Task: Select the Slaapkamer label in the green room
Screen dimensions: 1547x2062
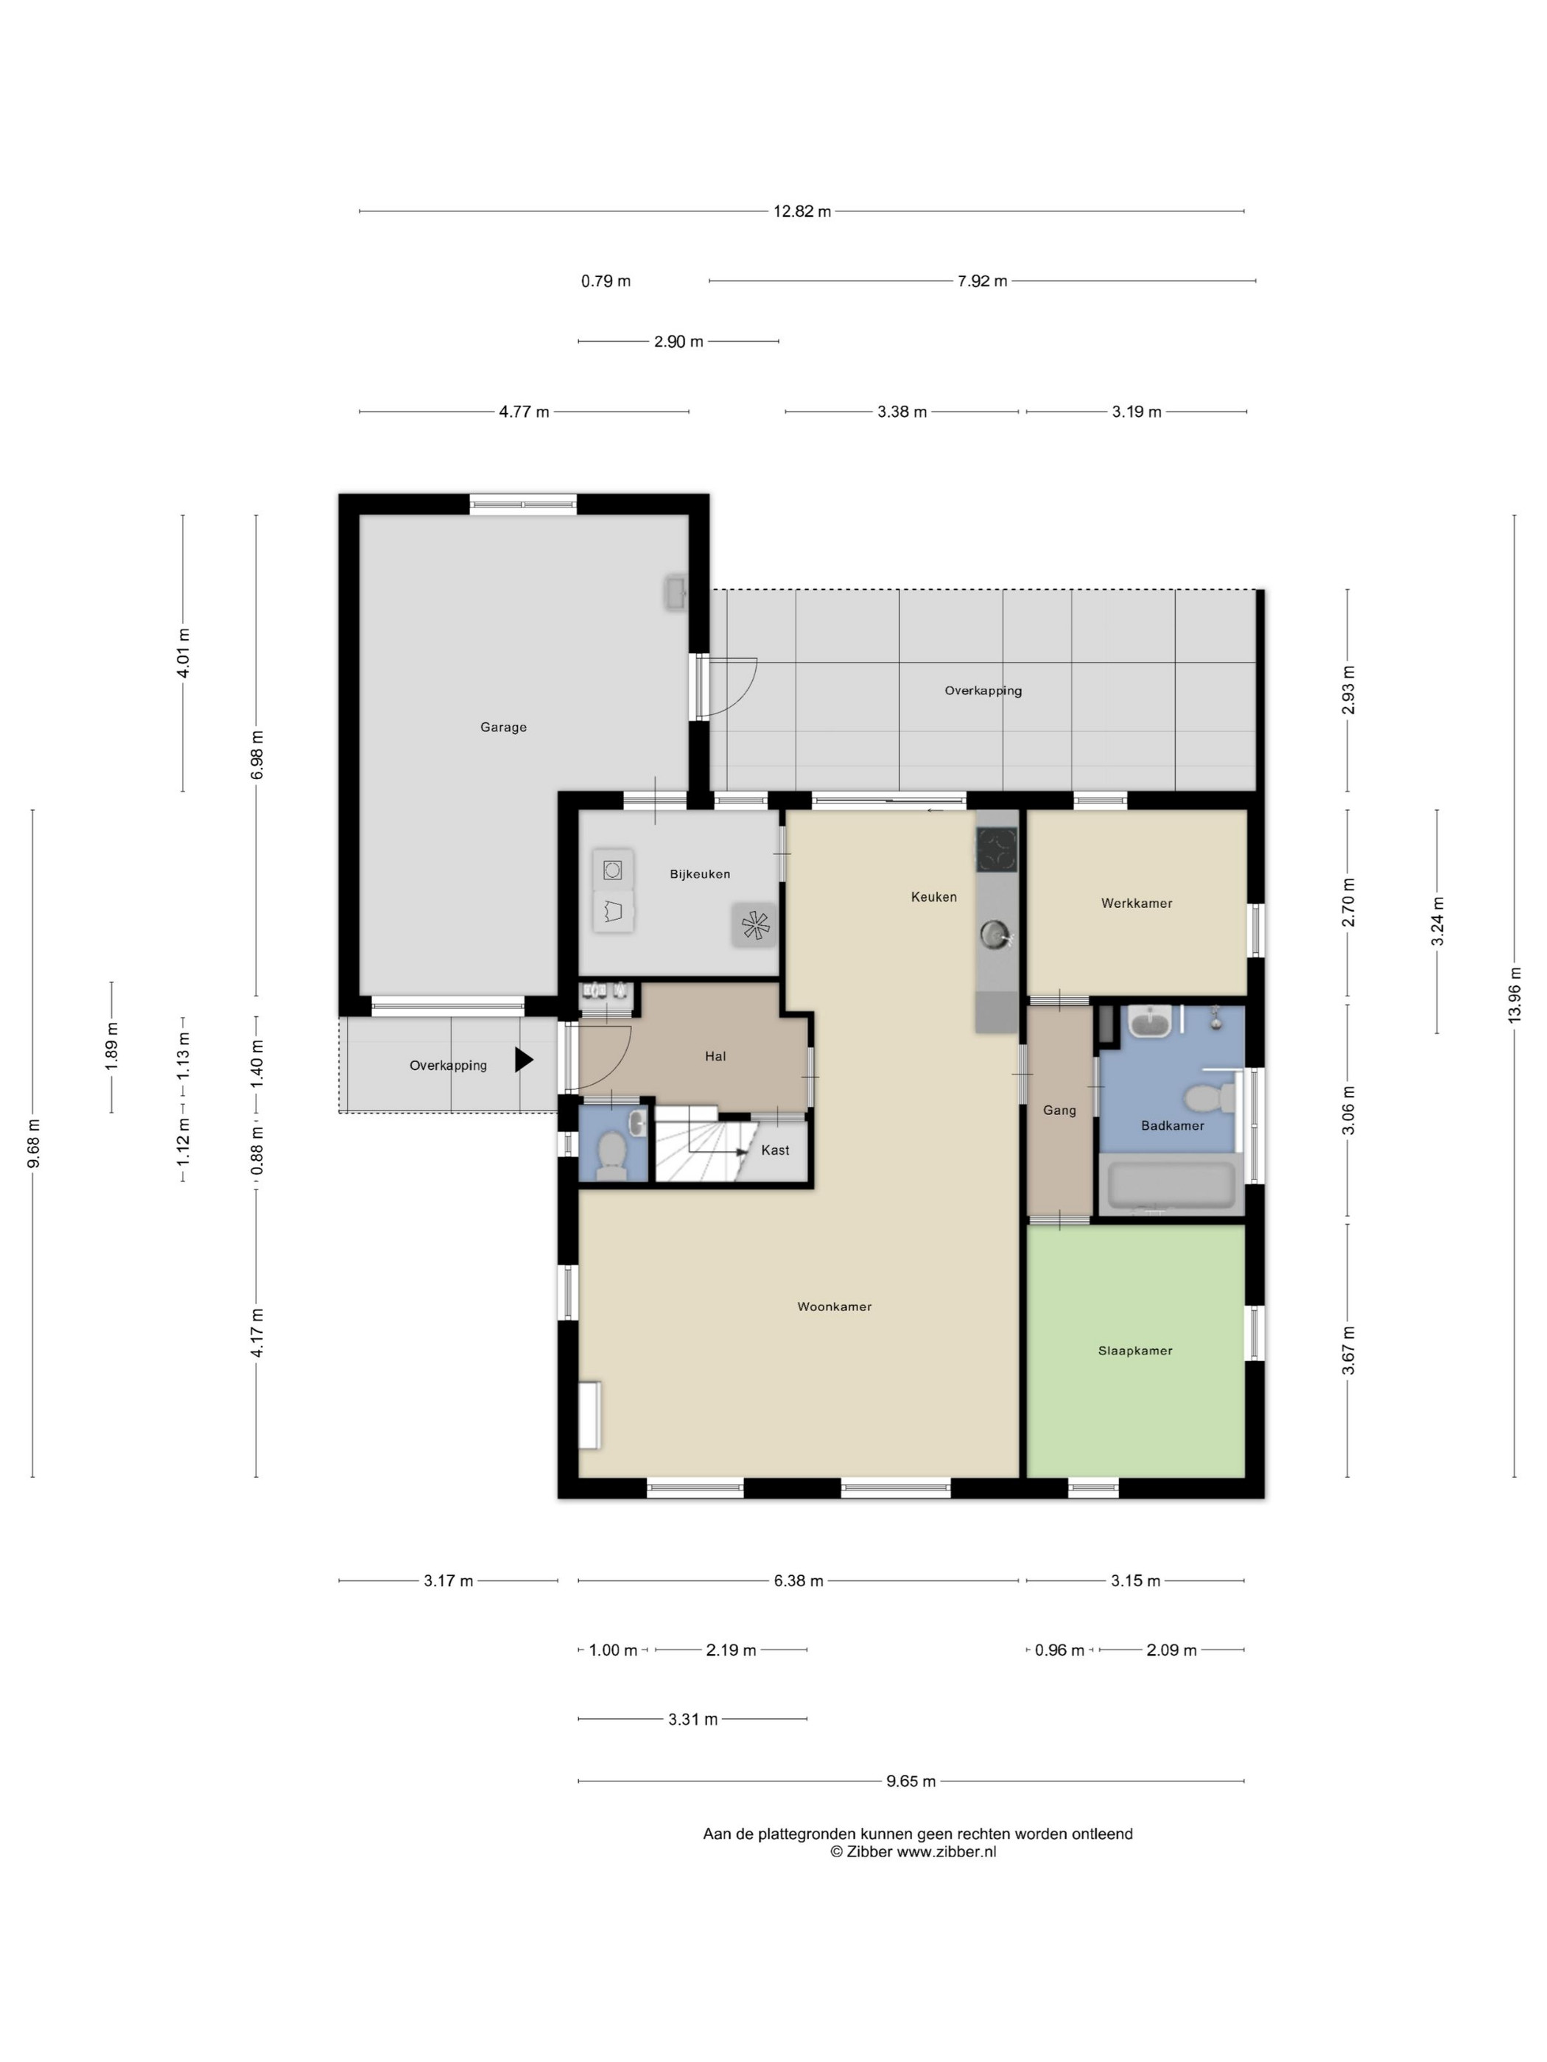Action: click(x=1135, y=1350)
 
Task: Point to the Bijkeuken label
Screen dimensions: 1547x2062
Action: click(x=699, y=873)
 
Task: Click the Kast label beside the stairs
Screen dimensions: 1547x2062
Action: click(x=775, y=1150)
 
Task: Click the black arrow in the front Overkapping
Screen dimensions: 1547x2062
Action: click(x=524, y=1060)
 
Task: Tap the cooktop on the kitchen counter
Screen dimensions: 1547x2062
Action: click(x=997, y=848)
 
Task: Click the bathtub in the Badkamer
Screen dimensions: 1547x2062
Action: click(x=1172, y=1185)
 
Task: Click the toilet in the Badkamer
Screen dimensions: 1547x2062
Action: click(x=1211, y=1098)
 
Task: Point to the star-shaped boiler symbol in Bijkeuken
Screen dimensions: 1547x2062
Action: click(x=754, y=926)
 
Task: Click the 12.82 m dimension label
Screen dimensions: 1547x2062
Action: click(x=802, y=211)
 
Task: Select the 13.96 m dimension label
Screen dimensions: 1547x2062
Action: click(x=1515, y=995)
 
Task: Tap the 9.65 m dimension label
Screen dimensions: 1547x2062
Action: click(x=911, y=1781)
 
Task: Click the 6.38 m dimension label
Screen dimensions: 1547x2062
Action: click(x=799, y=1581)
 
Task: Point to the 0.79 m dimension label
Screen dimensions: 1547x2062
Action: click(x=606, y=281)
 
